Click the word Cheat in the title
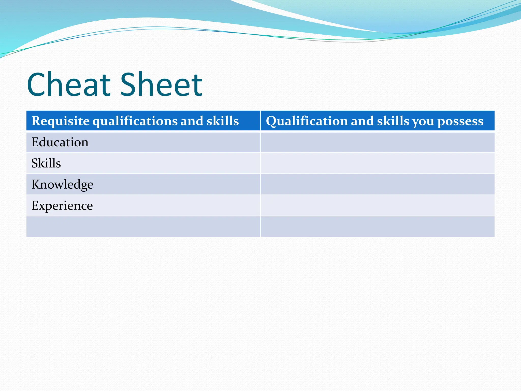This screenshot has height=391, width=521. point(69,85)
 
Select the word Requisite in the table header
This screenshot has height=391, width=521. point(60,121)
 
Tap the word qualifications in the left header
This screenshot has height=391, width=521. point(135,121)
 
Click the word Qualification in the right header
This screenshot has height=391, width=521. point(307,121)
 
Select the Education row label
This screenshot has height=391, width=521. point(60,142)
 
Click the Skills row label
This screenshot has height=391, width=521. point(46,163)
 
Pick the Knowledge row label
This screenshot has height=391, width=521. point(62,185)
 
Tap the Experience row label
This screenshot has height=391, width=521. point(62,206)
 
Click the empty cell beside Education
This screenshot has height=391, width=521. point(378,142)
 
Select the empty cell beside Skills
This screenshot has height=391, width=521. point(378,163)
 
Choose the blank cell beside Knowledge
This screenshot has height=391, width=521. point(378,185)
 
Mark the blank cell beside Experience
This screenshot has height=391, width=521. point(378,206)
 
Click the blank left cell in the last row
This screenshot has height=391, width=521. point(143,227)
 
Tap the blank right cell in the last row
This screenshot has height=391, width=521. point(378,227)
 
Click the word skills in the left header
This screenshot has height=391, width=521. point(223,121)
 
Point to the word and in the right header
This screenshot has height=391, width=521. point(362,121)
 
